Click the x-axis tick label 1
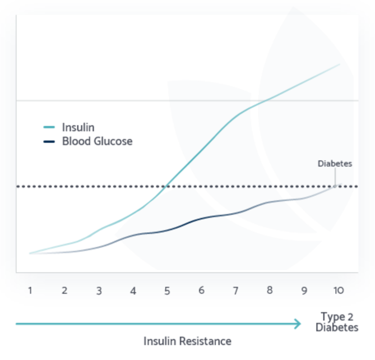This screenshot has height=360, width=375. click(x=30, y=290)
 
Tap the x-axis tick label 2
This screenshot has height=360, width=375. click(x=64, y=290)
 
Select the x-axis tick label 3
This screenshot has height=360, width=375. click(x=99, y=291)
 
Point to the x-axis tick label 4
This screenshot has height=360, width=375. click(x=133, y=291)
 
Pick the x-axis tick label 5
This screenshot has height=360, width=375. click(x=167, y=291)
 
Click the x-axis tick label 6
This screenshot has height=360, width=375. click(x=201, y=290)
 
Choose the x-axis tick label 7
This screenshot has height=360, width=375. click(x=235, y=290)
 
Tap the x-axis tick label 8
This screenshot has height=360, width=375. click(x=270, y=290)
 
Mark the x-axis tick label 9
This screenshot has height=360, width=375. click(x=304, y=291)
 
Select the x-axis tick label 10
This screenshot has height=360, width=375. click(x=337, y=290)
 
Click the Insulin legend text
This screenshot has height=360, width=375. click(x=78, y=127)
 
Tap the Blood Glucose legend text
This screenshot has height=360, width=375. click(x=97, y=141)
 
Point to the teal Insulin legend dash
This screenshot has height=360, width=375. click(x=49, y=127)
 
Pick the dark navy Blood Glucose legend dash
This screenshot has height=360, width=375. click(x=49, y=141)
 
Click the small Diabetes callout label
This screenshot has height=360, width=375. click(x=335, y=164)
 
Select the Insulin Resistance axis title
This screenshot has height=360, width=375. click(x=187, y=341)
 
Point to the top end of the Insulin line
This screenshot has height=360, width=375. click(x=340, y=64)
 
